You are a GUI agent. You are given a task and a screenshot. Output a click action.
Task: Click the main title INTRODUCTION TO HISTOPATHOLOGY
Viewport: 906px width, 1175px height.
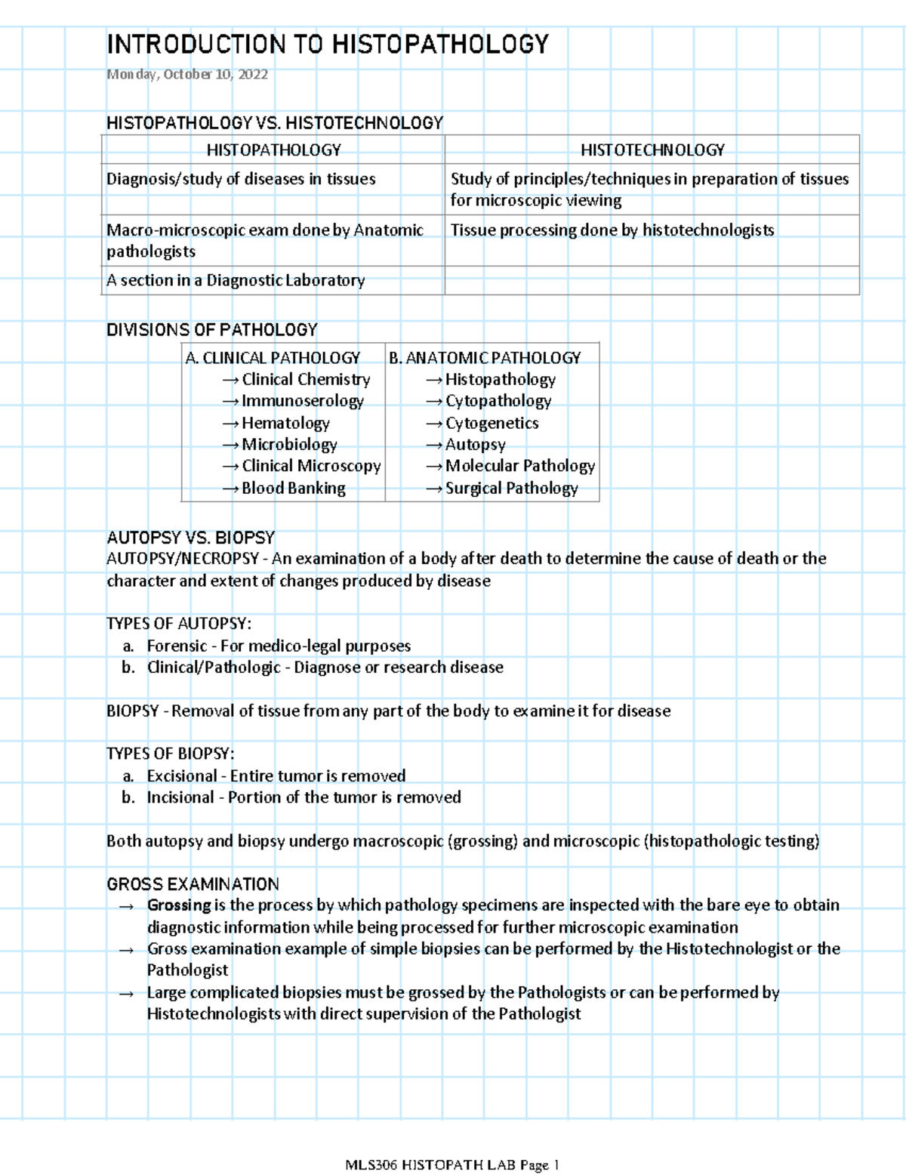tap(327, 45)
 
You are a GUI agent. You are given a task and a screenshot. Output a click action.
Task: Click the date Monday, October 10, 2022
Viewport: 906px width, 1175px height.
tap(186, 74)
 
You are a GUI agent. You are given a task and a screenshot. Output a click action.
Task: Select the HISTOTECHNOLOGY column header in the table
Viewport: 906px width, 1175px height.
tap(652, 150)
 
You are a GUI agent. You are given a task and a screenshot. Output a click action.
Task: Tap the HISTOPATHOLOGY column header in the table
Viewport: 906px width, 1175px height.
tap(273, 150)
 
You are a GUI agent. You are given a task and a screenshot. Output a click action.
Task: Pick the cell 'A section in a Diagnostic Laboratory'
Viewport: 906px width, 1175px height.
tap(236, 280)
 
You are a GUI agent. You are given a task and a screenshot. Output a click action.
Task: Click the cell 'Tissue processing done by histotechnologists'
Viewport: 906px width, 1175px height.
tap(612, 230)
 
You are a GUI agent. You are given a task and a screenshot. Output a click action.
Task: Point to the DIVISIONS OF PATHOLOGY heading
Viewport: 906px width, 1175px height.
tap(211, 329)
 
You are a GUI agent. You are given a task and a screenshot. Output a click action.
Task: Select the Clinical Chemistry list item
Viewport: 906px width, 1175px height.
tap(306, 379)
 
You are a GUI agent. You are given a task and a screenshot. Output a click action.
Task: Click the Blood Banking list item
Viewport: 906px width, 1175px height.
tap(293, 488)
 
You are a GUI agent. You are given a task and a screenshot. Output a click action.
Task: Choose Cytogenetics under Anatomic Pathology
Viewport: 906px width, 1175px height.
tap(492, 423)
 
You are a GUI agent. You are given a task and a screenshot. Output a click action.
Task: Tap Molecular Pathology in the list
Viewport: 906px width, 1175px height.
tap(519, 466)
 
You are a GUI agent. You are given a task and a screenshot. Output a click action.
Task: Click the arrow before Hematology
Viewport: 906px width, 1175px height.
tap(230, 424)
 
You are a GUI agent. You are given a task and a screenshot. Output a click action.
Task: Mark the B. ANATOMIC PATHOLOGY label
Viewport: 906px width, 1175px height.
tap(485, 358)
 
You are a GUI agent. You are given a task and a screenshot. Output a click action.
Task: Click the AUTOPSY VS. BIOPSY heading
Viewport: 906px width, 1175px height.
tap(190, 538)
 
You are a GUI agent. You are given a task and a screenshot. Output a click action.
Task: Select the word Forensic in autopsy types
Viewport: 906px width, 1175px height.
tap(176, 646)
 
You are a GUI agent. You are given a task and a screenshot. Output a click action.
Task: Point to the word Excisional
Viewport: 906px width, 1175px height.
tap(181, 776)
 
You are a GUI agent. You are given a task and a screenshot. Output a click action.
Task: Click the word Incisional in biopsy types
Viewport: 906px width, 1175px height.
tap(180, 797)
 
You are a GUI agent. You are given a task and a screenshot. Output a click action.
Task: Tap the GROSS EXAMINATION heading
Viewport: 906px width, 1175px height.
tap(193, 884)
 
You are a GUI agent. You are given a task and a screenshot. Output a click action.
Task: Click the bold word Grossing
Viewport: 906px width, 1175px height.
tap(179, 905)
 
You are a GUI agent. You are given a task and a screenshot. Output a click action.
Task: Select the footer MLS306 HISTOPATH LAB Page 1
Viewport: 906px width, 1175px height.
tap(451, 1165)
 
